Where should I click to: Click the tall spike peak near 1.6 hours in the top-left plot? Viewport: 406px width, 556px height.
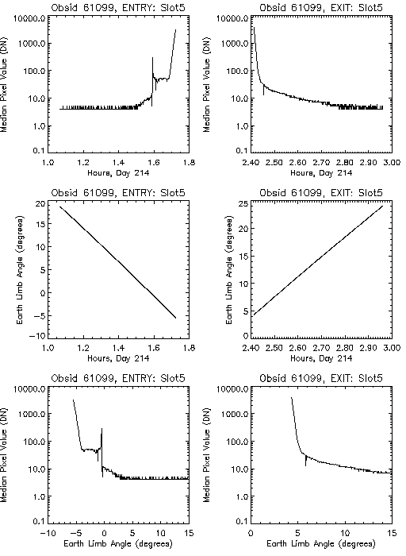152,58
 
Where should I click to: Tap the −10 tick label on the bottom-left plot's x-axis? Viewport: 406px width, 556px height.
48,533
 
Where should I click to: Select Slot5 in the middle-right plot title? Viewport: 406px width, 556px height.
370,193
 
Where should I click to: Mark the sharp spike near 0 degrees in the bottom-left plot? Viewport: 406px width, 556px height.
102,429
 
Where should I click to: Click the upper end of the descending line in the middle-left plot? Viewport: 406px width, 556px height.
60,207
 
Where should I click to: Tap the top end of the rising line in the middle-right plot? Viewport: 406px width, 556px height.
383,206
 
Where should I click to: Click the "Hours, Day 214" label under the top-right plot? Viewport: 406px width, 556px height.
321,173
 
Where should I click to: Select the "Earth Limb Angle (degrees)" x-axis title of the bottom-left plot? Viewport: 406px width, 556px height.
118,543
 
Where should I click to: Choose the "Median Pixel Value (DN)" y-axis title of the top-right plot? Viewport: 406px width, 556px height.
207,84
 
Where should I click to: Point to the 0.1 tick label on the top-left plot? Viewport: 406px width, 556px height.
39,151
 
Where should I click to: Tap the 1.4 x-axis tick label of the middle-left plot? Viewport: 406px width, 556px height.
119,348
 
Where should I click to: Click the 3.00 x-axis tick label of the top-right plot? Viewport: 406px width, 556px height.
392,162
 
